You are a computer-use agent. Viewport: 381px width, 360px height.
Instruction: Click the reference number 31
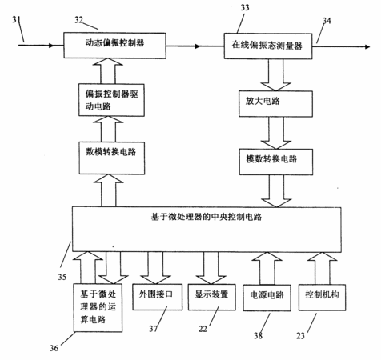point(16,19)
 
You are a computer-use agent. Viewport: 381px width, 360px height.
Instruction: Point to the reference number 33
point(245,7)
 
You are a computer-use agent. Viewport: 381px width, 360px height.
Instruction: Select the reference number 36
point(54,348)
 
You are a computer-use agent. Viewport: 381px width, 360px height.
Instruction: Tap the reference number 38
point(258,335)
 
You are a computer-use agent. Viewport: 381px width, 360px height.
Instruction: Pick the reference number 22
point(203,329)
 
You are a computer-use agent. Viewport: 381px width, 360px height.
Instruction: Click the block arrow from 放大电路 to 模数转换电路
point(276,133)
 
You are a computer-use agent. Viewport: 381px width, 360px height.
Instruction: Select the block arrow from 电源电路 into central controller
point(267,268)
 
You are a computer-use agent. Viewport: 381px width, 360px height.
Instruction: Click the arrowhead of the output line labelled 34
point(367,46)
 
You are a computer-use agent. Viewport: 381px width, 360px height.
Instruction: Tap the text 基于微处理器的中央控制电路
point(207,217)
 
